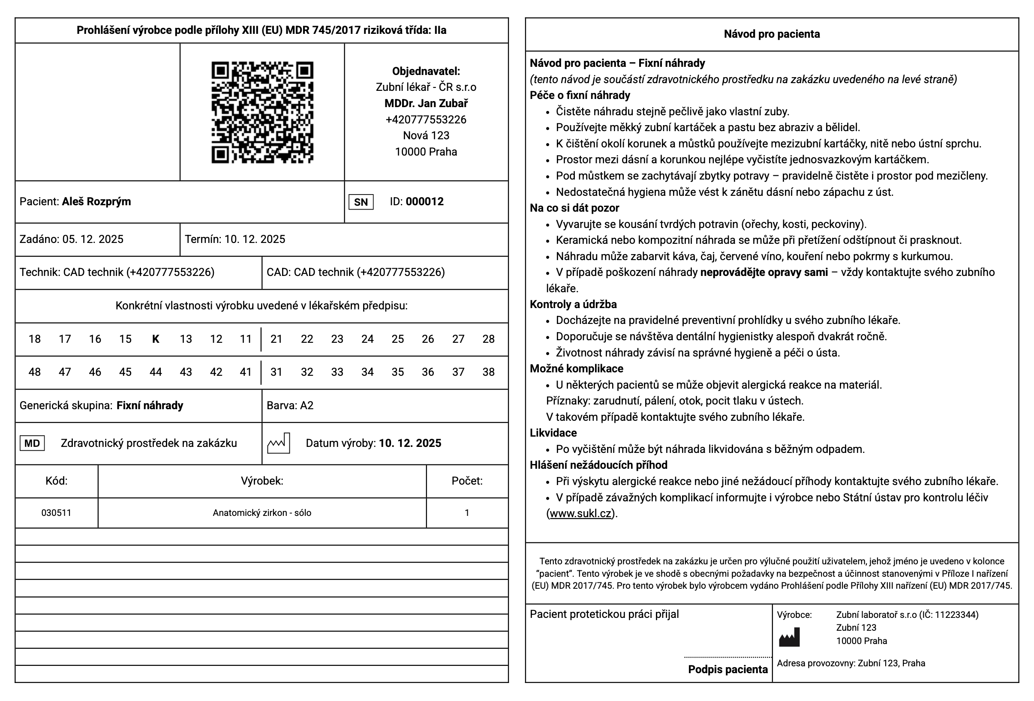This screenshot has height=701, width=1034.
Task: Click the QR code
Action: coord(262,112)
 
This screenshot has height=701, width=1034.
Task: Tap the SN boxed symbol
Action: coord(361,202)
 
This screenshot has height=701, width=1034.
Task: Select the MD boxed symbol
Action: coord(32,443)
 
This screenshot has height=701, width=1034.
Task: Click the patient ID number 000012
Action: coord(424,201)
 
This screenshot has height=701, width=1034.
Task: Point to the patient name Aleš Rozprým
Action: coord(96,201)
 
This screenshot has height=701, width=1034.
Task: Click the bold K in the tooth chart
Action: coord(155,339)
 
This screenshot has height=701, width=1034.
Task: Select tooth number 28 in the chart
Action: coord(488,339)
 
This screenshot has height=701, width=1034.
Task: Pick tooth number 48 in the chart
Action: coord(35,372)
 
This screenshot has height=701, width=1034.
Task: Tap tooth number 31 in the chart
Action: coord(277,372)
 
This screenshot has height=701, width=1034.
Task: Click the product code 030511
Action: coord(56,513)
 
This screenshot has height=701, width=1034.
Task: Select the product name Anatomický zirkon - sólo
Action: coord(262,513)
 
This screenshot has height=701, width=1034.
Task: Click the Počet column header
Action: coord(467,481)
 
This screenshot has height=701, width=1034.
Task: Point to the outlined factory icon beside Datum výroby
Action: coord(279,443)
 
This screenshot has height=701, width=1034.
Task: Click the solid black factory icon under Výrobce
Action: coord(789,637)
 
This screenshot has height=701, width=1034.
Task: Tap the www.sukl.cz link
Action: coord(580,514)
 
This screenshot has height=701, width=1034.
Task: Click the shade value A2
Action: coord(307,406)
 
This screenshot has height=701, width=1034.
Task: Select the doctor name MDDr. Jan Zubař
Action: coord(426,103)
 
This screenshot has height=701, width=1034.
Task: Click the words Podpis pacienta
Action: coord(727,669)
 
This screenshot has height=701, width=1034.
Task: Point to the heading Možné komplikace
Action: coord(576,369)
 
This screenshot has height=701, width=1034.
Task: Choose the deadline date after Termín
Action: coord(255,239)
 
